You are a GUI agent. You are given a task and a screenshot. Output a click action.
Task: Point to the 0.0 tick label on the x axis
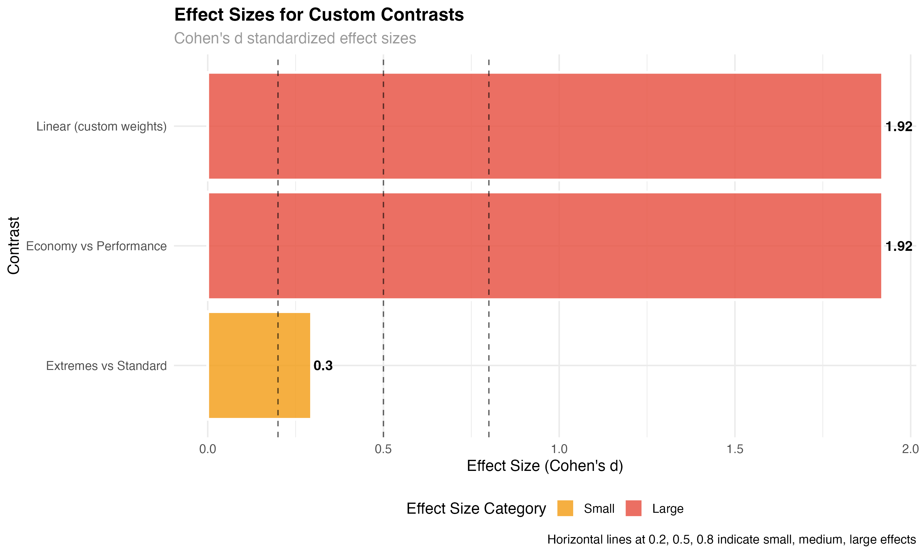point(208,449)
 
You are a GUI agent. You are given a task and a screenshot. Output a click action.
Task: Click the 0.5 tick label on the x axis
point(383,449)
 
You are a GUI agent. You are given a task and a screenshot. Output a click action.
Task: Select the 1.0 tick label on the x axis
point(559,449)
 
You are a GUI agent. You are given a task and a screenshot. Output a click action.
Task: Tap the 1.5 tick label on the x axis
point(735,449)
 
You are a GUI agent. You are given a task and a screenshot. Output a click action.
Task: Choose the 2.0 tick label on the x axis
point(910,449)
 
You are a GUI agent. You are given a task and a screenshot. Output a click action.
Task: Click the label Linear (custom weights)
point(102,126)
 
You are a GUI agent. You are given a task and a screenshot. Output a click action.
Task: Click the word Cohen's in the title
point(202,38)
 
